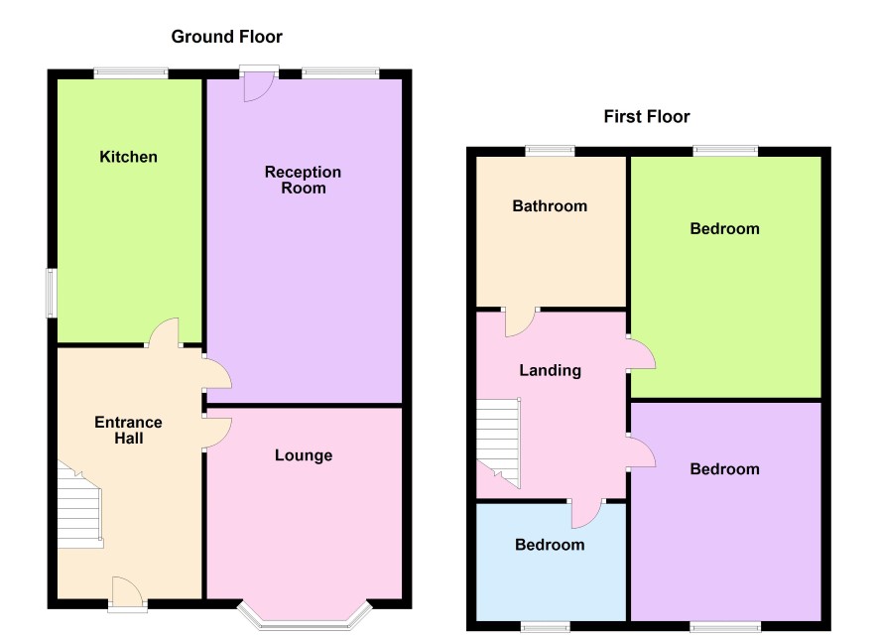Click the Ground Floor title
tap(226, 37)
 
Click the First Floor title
tap(647, 117)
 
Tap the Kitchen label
tap(128, 157)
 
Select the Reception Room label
tap(303, 180)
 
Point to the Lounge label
tap(304, 455)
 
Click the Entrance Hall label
tap(128, 430)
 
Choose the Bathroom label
tap(550, 205)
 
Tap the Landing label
tap(550, 370)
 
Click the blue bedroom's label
tap(550, 545)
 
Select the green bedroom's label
tap(725, 228)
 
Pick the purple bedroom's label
tap(725, 469)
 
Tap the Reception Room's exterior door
tap(258, 84)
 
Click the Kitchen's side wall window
tap(52, 293)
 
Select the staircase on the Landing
tap(498, 442)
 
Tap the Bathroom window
tap(551, 150)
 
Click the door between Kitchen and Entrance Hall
tap(164, 333)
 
